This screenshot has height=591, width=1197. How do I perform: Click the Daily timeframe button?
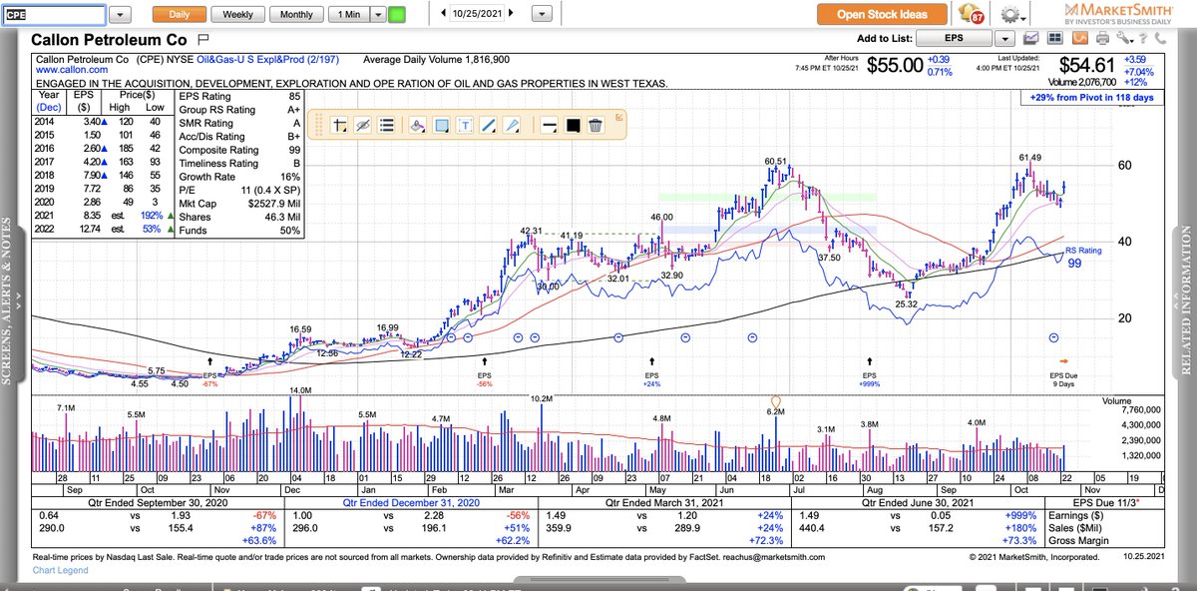179,15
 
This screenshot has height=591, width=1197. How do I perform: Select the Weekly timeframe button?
237,15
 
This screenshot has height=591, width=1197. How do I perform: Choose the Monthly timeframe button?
296,15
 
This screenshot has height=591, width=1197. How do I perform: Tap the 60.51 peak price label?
776,162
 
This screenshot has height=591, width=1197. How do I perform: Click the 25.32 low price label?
905,303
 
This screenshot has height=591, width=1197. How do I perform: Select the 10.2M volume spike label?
542,398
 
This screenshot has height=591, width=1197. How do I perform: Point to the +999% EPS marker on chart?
871,383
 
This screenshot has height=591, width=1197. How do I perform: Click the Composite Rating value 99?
294,150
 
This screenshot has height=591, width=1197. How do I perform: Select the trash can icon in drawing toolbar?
596,125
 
